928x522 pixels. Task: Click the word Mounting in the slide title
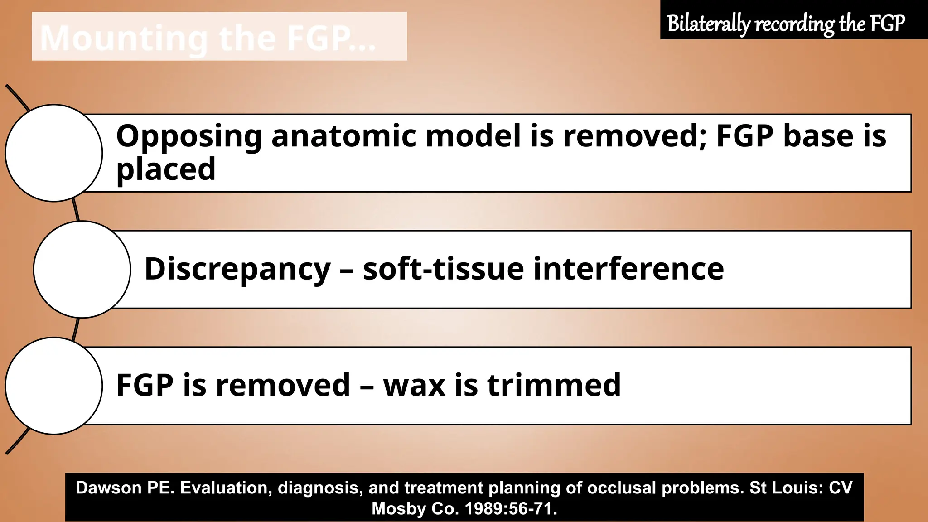(x=124, y=39)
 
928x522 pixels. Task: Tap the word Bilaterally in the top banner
(x=708, y=24)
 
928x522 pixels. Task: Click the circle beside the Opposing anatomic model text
(x=54, y=153)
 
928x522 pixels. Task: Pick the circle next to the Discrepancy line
(x=82, y=270)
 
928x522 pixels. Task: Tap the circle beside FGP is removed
(x=54, y=386)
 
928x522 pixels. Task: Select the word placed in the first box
(x=166, y=169)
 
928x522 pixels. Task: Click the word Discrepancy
(x=237, y=270)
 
